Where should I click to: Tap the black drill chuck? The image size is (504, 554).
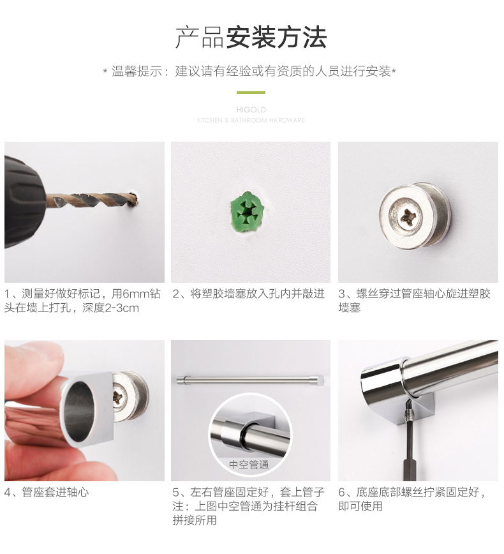pyautogui.click(x=24, y=202)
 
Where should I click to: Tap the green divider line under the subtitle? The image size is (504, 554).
pyautogui.click(x=251, y=93)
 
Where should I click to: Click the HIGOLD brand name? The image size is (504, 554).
pyautogui.click(x=251, y=110)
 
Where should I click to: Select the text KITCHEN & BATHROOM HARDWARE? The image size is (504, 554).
pyautogui.click(x=251, y=121)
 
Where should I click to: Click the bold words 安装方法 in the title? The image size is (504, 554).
pyautogui.click(x=276, y=38)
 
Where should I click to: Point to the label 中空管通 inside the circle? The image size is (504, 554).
pyautogui.click(x=249, y=465)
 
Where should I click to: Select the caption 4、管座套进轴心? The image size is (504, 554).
pyautogui.click(x=47, y=492)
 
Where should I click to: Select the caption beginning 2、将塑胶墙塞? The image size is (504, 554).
pyautogui.click(x=249, y=294)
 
